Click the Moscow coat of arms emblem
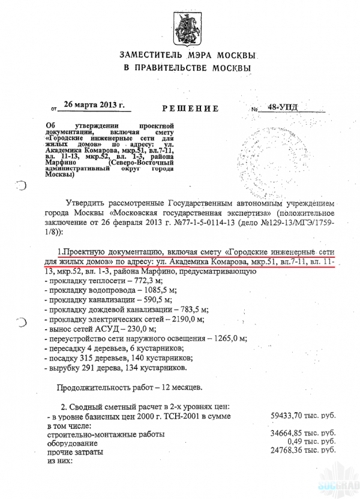click(184, 27)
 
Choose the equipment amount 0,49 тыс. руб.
click(312, 442)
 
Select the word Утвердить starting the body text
click(88, 205)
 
